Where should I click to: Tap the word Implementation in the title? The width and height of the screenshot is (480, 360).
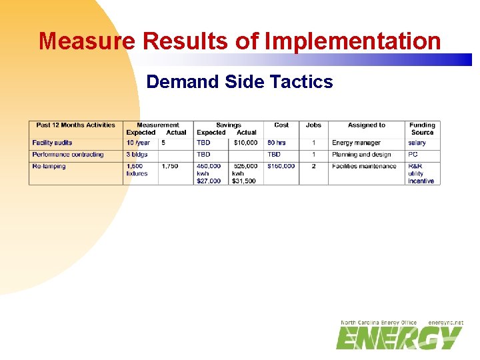(353, 41)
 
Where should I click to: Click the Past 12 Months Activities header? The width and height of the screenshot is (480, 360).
(75, 125)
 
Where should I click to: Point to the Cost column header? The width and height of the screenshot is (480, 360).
(281, 125)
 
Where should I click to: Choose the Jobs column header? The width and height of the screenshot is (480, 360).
(313, 125)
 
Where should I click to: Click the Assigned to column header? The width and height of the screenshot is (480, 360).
(366, 125)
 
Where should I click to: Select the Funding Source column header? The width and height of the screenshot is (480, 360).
(422, 129)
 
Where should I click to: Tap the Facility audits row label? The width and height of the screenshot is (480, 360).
(52, 143)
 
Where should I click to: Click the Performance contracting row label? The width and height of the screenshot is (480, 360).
(68, 155)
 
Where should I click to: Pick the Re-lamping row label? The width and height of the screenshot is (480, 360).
(49, 167)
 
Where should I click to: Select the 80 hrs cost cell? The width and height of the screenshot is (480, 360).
(276, 143)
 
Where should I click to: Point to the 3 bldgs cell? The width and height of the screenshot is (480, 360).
(137, 155)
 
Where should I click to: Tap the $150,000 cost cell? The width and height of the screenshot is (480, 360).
(281, 167)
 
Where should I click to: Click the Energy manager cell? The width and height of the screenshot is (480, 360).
(356, 143)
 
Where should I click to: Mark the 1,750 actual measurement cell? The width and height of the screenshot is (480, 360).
(170, 167)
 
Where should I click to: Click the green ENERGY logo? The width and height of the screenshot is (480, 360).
(399, 338)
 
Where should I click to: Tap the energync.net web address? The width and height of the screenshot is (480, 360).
(445, 323)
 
